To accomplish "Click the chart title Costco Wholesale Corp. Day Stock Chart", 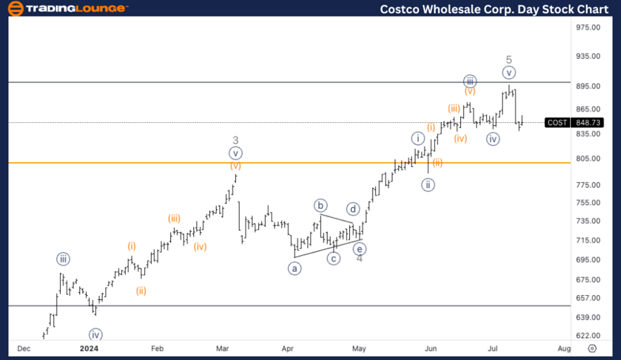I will pos(495,9).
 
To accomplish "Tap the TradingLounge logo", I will pos(67,9).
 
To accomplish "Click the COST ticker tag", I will pos(557,123).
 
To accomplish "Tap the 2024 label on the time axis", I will pos(89,348).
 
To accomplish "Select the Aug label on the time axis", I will pos(564,348).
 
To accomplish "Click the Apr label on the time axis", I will pos(288,348).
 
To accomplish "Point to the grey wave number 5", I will pos(509,59).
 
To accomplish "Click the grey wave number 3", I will pos(235,140).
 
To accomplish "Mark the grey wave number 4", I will pos(359,259).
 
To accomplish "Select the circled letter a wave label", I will pos(295,268).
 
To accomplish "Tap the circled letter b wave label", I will pos(320,206).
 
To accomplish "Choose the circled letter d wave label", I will pos(353,208).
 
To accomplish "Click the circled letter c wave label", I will pos(334,259).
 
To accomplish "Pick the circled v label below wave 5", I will pos(509,72).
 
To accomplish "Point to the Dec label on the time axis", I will pos(23,348).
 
